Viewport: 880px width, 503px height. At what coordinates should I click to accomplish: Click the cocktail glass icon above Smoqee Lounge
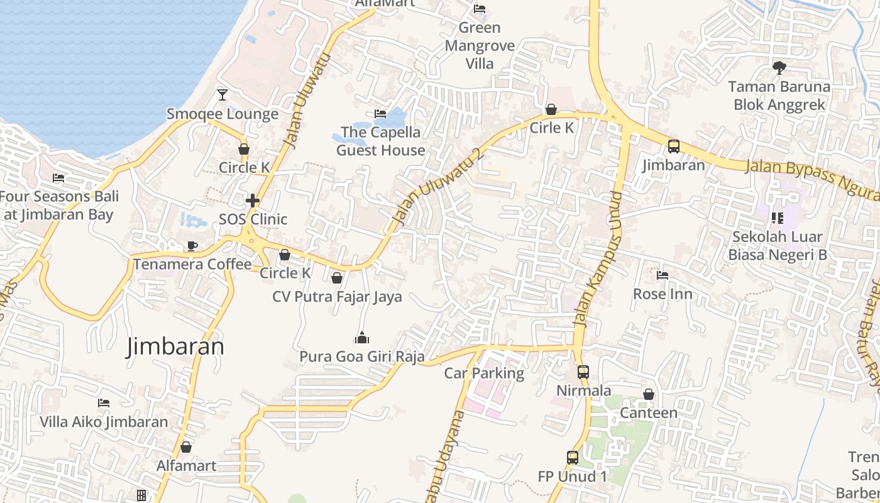(x=223, y=95)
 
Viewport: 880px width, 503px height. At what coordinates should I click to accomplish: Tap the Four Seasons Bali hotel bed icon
(x=58, y=178)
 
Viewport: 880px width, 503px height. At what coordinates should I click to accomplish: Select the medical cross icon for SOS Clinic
(x=253, y=201)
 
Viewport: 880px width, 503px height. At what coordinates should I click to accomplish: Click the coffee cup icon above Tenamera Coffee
(x=192, y=246)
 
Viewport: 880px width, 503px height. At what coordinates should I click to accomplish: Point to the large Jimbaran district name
(x=175, y=346)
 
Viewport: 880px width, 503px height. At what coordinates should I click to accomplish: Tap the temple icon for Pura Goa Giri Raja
(x=361, y=338)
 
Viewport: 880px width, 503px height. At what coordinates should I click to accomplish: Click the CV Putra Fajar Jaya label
(x=337, y=296)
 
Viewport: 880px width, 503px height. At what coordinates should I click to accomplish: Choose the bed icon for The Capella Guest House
(x=380, y=114)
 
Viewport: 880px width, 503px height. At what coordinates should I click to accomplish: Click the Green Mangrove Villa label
(x=480, y=45)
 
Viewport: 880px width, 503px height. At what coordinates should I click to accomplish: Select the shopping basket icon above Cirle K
(x=551, y=109)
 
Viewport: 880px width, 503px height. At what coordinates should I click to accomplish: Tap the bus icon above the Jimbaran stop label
(x=673, y=146)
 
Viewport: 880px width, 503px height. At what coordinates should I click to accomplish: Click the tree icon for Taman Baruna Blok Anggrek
(x=779, y=67)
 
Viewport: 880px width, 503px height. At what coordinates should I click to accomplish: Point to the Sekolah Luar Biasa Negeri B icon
(x=777, y=218)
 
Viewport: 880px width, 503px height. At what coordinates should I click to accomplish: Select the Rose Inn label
(x=663, y=294)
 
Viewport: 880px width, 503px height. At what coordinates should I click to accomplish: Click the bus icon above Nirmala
(x=583, y=372)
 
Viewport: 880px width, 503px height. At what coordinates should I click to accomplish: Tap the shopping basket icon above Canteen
(x=649, y=394)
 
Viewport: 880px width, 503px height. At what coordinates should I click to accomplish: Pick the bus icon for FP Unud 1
(x=572, y=458)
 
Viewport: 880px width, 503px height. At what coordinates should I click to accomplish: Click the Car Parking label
(x=484, y=373)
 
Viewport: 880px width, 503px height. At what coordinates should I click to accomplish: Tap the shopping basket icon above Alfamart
(x=186, y=447)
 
